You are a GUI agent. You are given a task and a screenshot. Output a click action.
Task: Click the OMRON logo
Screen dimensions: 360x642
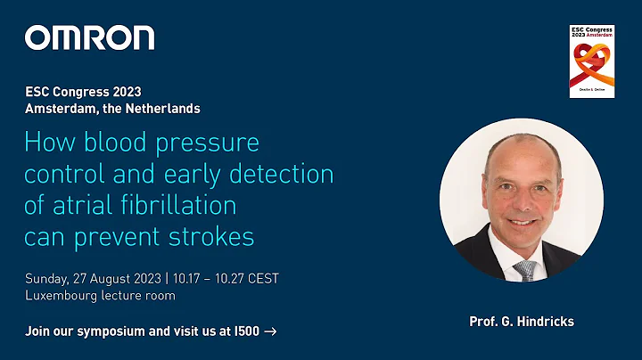click(89, 37)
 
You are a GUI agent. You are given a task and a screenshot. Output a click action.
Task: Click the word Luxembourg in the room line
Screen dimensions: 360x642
click(61, 295)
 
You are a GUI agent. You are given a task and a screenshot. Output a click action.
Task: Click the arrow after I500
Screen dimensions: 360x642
click(270, 331)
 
